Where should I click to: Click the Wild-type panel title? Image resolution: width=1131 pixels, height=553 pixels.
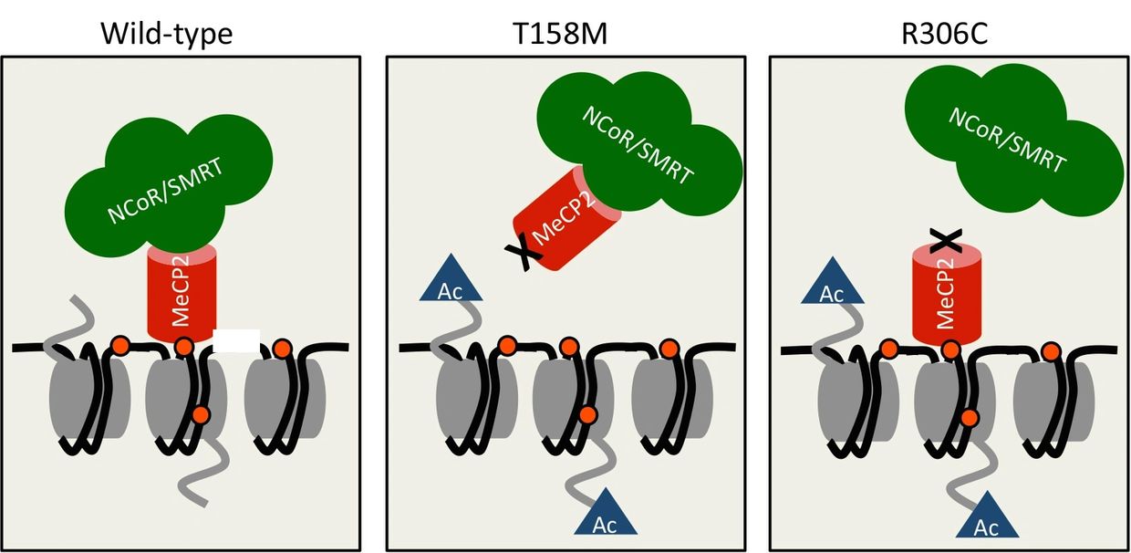coord(166,35)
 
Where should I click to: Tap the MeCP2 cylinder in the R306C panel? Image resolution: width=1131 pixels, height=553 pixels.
coord(949,297)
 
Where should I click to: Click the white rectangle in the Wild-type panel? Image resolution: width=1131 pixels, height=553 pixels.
coord(236,339)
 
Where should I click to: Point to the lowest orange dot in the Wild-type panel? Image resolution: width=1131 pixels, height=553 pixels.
coord(202,415)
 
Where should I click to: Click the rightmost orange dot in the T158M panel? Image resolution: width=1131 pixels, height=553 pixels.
coord(669,348)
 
